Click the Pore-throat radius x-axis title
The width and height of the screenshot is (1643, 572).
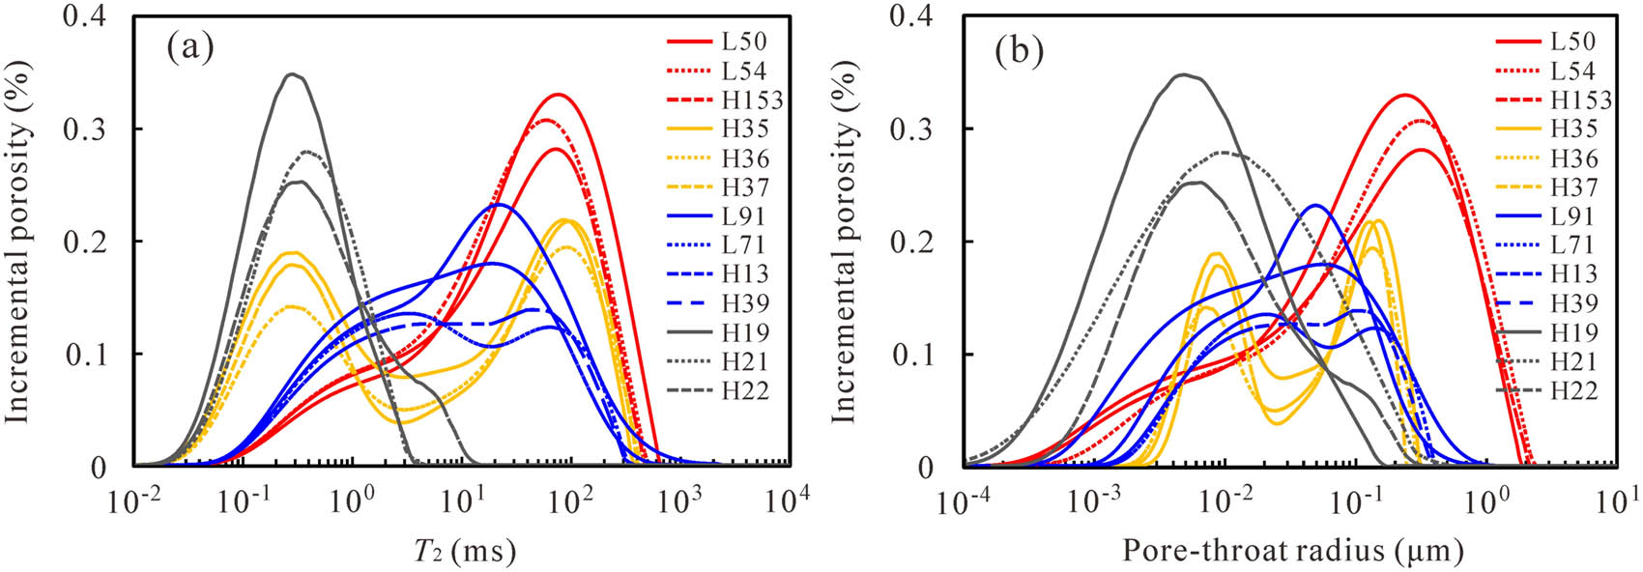[1292, 551]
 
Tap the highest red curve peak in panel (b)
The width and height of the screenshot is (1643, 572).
[1403, 95]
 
